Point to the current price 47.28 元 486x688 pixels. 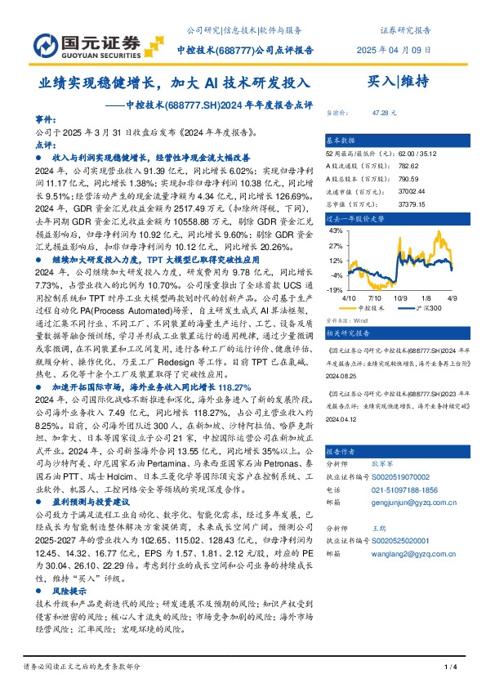(x=385, y=112)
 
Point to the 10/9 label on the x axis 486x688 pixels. (x=400, y=299)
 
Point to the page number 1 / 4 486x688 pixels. (x=449, y=668)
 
